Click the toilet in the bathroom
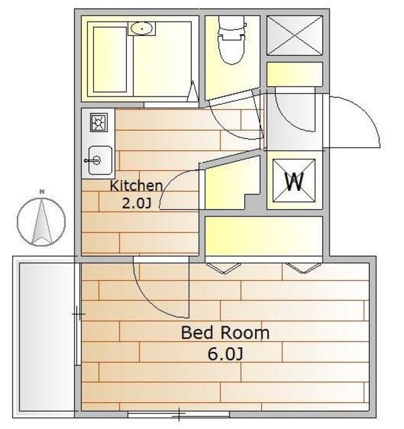[x=231, y=40]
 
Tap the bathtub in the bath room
[x=110, y=60]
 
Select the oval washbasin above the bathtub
[x=142, y=28]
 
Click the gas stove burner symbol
[x=99, y=122]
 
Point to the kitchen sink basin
[x=100, y=160]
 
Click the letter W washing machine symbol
[x=294, y=180]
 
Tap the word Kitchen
[x=136, y=186]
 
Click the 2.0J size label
[x=136, y=203]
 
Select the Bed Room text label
[x=225, y=332]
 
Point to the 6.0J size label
[x=225, y=354]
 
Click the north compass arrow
[x=42, y=222]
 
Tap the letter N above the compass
[x=42, y=192]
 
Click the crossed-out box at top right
[x=295, y=36]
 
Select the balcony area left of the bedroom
[x=47, y=337]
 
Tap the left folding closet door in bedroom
[x=223, y=268]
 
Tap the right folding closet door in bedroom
[x=303, y=268]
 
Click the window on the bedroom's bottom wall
[x=179, y=414]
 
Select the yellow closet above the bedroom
[x=264, y=236]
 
